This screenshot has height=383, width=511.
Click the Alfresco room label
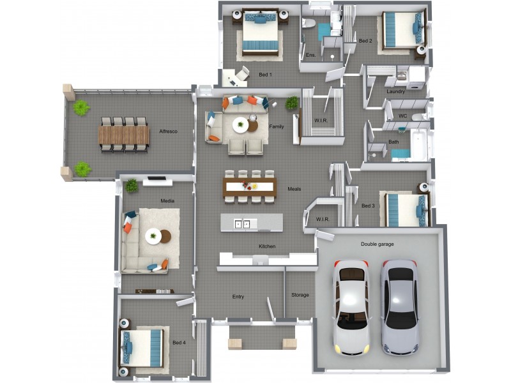tap(168, 131)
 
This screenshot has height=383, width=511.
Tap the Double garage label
tap(377, 244)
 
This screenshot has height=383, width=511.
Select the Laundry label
tap(395, 91)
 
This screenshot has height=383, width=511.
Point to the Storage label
tap(300, 295)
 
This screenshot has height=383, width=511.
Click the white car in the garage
tap(351, 308)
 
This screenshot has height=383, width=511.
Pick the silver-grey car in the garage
tap(400, 307)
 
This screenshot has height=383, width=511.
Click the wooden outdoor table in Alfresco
tap(123, 135)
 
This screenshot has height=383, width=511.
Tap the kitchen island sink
tap(242, 224)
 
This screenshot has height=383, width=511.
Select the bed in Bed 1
tap(260, 34)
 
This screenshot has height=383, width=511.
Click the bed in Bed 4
tap(141, 347)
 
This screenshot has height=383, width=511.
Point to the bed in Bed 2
tap(404, 29)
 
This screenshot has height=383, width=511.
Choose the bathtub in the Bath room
tap(419, 145)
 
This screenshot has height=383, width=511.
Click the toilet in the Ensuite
tap(309, 24)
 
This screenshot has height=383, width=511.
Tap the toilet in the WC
tap(420, 117)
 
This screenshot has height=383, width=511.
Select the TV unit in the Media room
tap(157, 181)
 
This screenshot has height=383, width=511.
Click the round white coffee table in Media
tap(153, 236)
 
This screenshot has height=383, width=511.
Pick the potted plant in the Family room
tap(292, 103)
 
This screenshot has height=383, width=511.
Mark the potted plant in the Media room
tap(132, 186)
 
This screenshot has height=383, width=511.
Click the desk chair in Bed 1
tap(243, 73)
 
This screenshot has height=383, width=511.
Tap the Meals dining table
tap(250, 187)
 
